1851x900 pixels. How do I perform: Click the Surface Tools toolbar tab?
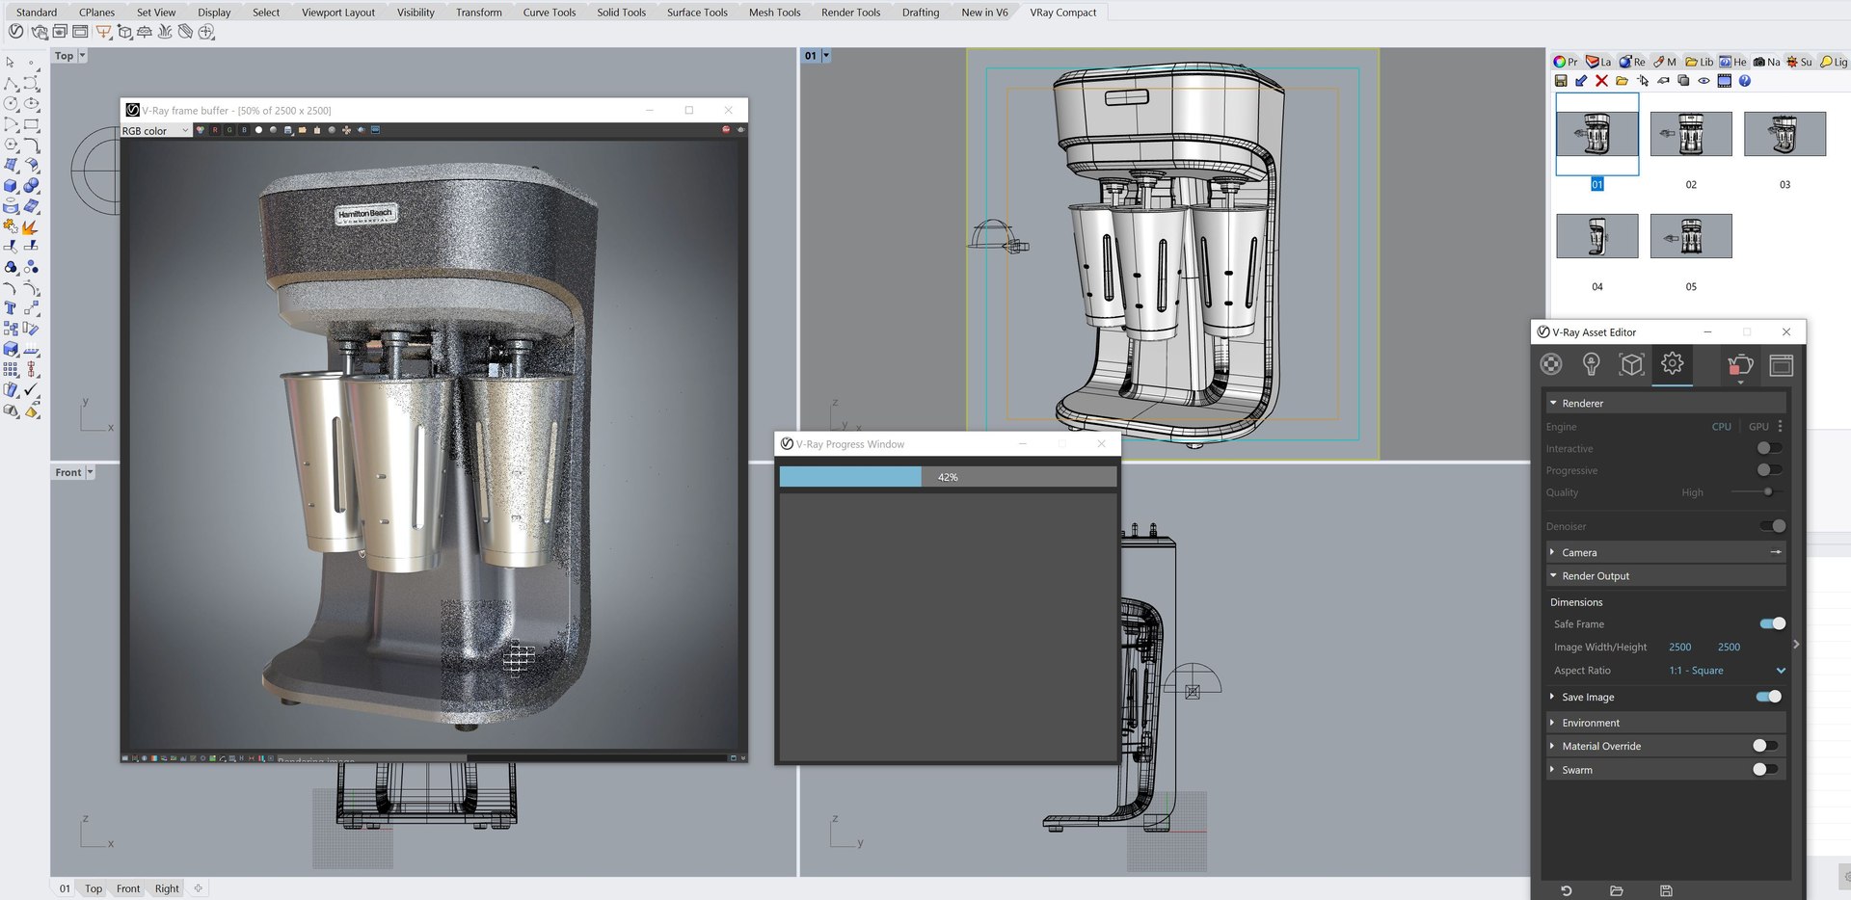click(x=696, y=13)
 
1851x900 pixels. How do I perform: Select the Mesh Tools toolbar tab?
click(x=774, y=13)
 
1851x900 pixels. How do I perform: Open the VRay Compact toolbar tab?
click(x=1062, y=13)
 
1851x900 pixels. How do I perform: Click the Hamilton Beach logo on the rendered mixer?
click(x=365, y=214)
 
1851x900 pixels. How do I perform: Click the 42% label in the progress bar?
click(x=948, y=477)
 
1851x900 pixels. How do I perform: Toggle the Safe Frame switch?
click(x=1772, y=623)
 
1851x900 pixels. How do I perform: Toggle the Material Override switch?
click(x=1764, y=746)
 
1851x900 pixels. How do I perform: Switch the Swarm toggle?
click(x=1764, y=769)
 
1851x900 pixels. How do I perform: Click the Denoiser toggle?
click(x=1772, y=526)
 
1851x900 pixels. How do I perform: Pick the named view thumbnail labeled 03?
click(x=1784, y=134)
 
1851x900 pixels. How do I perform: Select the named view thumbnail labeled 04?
click(x=1596, y=236)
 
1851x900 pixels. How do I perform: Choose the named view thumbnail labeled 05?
click(x=1690, y=236)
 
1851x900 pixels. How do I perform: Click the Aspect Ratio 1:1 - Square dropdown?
click(x=1726, y=671)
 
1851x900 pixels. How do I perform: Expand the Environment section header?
click(x=1591, y=723)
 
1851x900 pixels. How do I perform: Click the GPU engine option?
click(x=1758, y=426)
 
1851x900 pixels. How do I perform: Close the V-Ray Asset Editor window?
click(x=1786, y=331)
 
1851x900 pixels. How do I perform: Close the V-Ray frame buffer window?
click(x=728, y=110)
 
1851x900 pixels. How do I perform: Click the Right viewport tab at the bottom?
click(x=167, y=888)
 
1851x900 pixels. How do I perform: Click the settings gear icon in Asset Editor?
click(x=1672, y=363)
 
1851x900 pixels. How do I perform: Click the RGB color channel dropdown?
click(x=154, y=131)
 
